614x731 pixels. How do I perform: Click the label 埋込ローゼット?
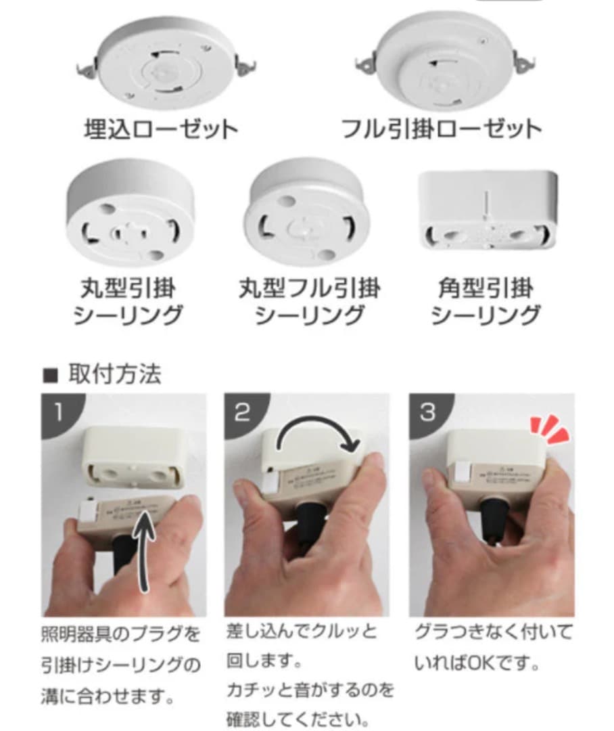tap(161, 129)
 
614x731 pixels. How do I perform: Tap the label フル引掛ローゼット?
tap(442, 129)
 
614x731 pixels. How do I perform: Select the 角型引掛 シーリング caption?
tap(485, 301)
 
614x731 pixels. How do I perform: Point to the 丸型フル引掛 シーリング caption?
tap(309, 301)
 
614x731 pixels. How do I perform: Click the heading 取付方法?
tap(114, 374)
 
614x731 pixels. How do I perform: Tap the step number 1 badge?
tap(59, 412)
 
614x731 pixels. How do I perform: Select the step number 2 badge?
tap(242, 412)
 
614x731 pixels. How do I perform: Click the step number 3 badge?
tap(427, 412)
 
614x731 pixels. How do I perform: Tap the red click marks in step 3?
tap(550, 428)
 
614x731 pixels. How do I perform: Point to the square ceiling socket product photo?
tap(488, 210)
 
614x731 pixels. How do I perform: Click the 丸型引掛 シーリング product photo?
tap(131, 212)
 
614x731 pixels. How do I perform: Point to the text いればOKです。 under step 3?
tap(477, 662)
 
